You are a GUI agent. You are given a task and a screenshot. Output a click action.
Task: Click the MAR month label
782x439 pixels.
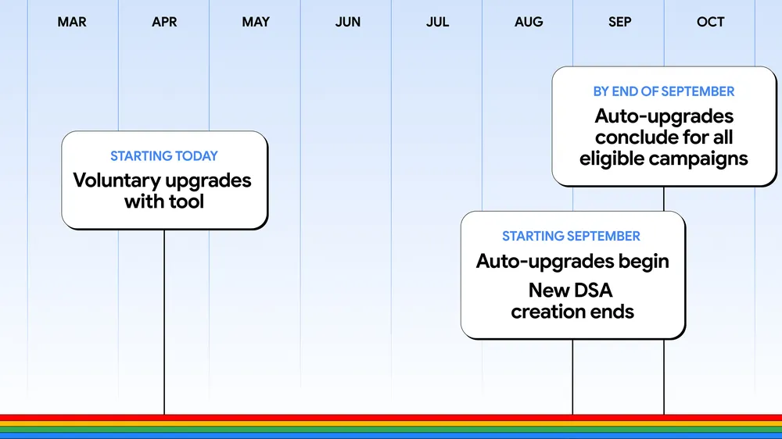(x=72, y=22)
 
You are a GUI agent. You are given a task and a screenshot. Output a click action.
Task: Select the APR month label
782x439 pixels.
(x=164, y=22)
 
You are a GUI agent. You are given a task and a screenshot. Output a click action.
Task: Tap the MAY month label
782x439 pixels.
(x=256, y=22)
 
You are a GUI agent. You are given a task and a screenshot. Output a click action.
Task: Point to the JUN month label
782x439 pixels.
(x=348, y=22)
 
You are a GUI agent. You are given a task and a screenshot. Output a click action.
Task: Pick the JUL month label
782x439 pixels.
(x=438, y=22)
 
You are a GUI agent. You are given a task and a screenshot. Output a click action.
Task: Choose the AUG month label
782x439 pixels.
(x=529, y=22)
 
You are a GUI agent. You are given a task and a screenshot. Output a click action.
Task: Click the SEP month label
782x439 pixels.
(x=619, y=22)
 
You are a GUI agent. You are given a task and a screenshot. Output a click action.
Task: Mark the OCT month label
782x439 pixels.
(x=710, y=22)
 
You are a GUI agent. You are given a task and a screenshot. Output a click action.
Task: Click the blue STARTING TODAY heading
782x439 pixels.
(x=164, y=156)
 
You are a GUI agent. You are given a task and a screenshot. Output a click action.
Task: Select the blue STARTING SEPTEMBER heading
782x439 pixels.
(x=571, y=236)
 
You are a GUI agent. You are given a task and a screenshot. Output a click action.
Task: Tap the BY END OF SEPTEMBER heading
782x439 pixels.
(x=663, y=91)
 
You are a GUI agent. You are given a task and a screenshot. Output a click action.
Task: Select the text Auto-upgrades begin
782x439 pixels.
(x=572, y=261)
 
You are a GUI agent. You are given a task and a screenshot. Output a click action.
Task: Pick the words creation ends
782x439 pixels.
(x=572, y=312)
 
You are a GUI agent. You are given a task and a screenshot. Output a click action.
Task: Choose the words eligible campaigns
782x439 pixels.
(x=663, y=159)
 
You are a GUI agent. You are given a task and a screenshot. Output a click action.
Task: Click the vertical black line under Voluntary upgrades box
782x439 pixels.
(x=164, y=320)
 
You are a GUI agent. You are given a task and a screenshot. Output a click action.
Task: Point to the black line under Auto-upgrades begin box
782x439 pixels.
(x=572, y=375)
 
